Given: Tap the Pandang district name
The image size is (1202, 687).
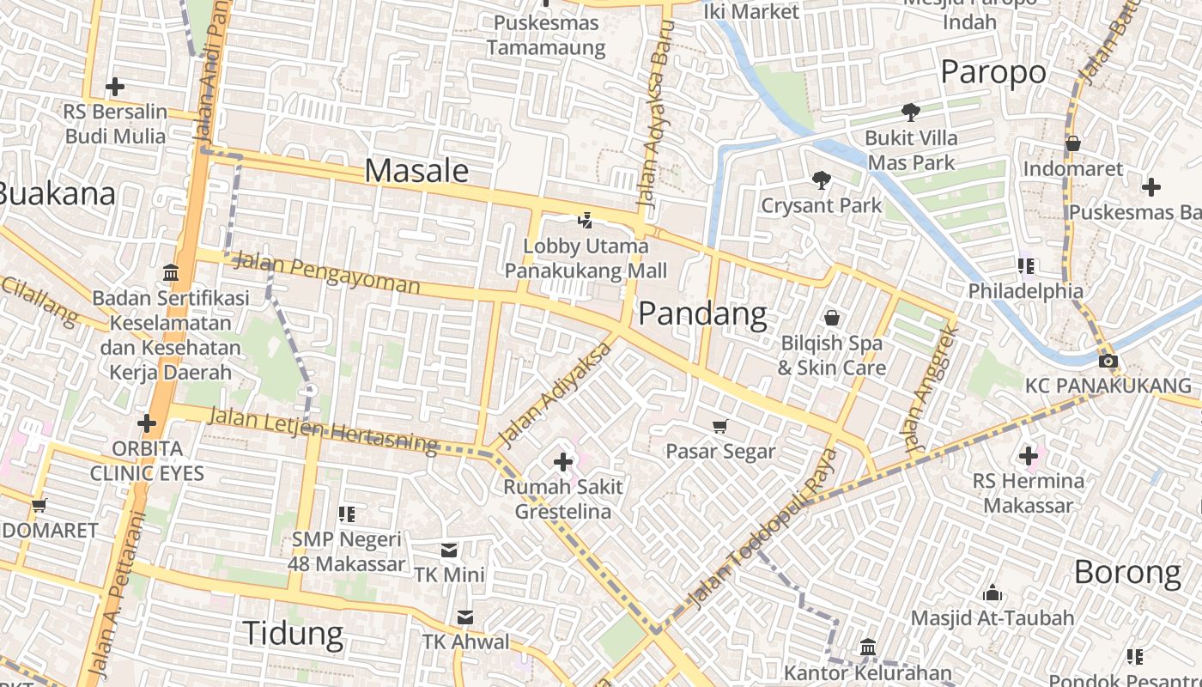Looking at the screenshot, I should click(x=702, y=314).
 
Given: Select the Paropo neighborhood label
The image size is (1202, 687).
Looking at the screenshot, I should click(x=993, y=72).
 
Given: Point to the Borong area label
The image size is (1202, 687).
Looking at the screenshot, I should click(x=1127, y=572).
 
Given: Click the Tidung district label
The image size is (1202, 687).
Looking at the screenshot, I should click(x=294, y=634).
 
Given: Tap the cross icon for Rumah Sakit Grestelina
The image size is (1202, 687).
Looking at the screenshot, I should click(x=563, y=463).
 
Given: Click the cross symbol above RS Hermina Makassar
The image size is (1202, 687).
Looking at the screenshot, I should click(x=1028, y=456).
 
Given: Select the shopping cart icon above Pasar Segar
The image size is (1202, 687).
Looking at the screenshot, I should click(x=720, y=426).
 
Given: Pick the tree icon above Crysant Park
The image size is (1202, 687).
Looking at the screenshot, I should click(x=821, y=179).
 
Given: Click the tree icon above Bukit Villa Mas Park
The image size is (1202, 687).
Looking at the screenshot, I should click(x=910, y=112).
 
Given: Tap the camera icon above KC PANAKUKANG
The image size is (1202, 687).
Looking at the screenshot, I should click(x=1108, y=361).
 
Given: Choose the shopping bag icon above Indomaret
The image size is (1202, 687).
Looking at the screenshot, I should click(x=1072, y=143).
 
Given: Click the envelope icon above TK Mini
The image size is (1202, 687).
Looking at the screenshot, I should click(x=449, y=550).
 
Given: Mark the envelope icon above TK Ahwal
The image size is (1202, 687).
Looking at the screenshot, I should click(x=464, y=617).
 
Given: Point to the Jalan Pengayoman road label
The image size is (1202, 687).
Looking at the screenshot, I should click(x=326, y=272).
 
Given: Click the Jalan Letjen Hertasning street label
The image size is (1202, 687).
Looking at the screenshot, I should click(x=324, y=429).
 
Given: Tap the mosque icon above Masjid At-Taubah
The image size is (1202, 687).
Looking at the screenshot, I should click(x=993, y=593).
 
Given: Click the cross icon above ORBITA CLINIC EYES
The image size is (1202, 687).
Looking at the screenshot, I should click(x=147, y=423).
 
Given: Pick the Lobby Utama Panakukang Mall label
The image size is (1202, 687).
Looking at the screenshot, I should click(x=586, y=258).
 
